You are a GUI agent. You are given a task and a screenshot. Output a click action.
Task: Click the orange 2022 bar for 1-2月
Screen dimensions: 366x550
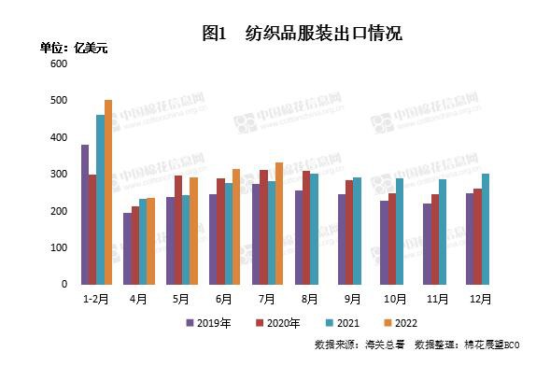pos(108,191)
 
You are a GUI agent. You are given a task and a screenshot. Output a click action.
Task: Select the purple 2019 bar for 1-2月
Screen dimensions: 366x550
pos(85,214)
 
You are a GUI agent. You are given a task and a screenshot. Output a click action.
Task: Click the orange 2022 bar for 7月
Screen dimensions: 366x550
pos(279,223)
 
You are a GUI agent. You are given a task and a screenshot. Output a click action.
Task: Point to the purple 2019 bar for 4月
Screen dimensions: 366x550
pos(128,248)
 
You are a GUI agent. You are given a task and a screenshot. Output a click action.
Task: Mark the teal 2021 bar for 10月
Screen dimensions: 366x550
pos(400,231)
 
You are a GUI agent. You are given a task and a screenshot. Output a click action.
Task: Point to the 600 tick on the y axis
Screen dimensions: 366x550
pos(60,64)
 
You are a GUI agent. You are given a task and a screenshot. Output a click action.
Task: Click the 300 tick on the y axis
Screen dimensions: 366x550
pos(60,175)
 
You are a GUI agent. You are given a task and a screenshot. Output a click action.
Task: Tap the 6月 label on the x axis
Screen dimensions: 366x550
pos(224,298)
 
